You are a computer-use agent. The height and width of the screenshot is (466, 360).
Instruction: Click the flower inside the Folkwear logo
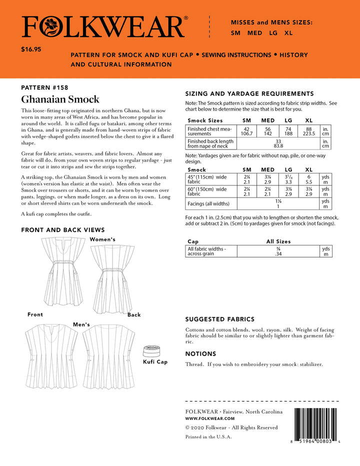48,26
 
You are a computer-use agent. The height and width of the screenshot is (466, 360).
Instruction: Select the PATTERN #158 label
44,87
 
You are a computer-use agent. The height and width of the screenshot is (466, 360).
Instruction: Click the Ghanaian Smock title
60,99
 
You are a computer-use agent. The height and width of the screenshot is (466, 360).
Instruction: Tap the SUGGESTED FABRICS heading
219,319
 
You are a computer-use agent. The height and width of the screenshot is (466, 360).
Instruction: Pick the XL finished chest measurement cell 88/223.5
309,131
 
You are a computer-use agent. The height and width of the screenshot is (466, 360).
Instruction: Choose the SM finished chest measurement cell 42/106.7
246,131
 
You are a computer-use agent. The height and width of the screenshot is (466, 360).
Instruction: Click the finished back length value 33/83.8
278,143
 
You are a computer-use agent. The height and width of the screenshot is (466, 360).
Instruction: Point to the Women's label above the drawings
102,239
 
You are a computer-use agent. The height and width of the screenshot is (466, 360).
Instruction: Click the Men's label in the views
81,324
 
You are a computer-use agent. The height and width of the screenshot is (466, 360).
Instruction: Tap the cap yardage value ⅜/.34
278,251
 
